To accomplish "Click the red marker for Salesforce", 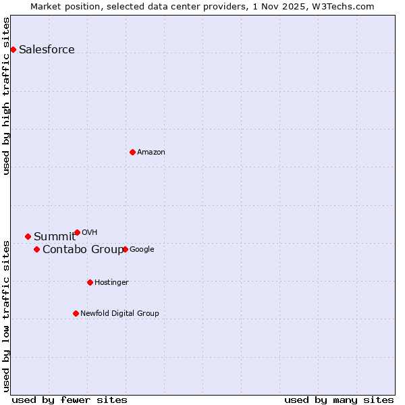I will click(x=13, y=49).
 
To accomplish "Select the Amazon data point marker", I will click(x=132, y=152).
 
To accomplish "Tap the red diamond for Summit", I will click(x=28, y=236).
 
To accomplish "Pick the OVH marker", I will click(x=77, y=232).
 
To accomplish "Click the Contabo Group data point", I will click(x=36, y=250).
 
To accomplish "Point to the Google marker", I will click(x=125, y=249).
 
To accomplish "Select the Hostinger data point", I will click(x=90, y=282).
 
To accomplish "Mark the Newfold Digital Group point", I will click(x=76, y=313).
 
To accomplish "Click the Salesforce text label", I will click(x=47, y=49).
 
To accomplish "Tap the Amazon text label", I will click(x=151, y=153).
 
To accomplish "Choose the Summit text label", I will click(x=55, y=236).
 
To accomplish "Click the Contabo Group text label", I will click(x=82, y=250).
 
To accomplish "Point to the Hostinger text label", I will click(x=111, y=282).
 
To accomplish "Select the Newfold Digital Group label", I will click(x=119, y=313).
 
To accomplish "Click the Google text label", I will click(x=142, y=250).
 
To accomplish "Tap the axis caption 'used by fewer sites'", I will click(x=70, y=400).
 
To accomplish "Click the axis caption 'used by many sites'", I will click(x=339, y=400).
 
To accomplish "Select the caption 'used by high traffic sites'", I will click(x=6, y=96).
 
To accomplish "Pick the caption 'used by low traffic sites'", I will click(x=6, y=315).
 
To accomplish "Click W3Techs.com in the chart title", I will click(x=350, y=6).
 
